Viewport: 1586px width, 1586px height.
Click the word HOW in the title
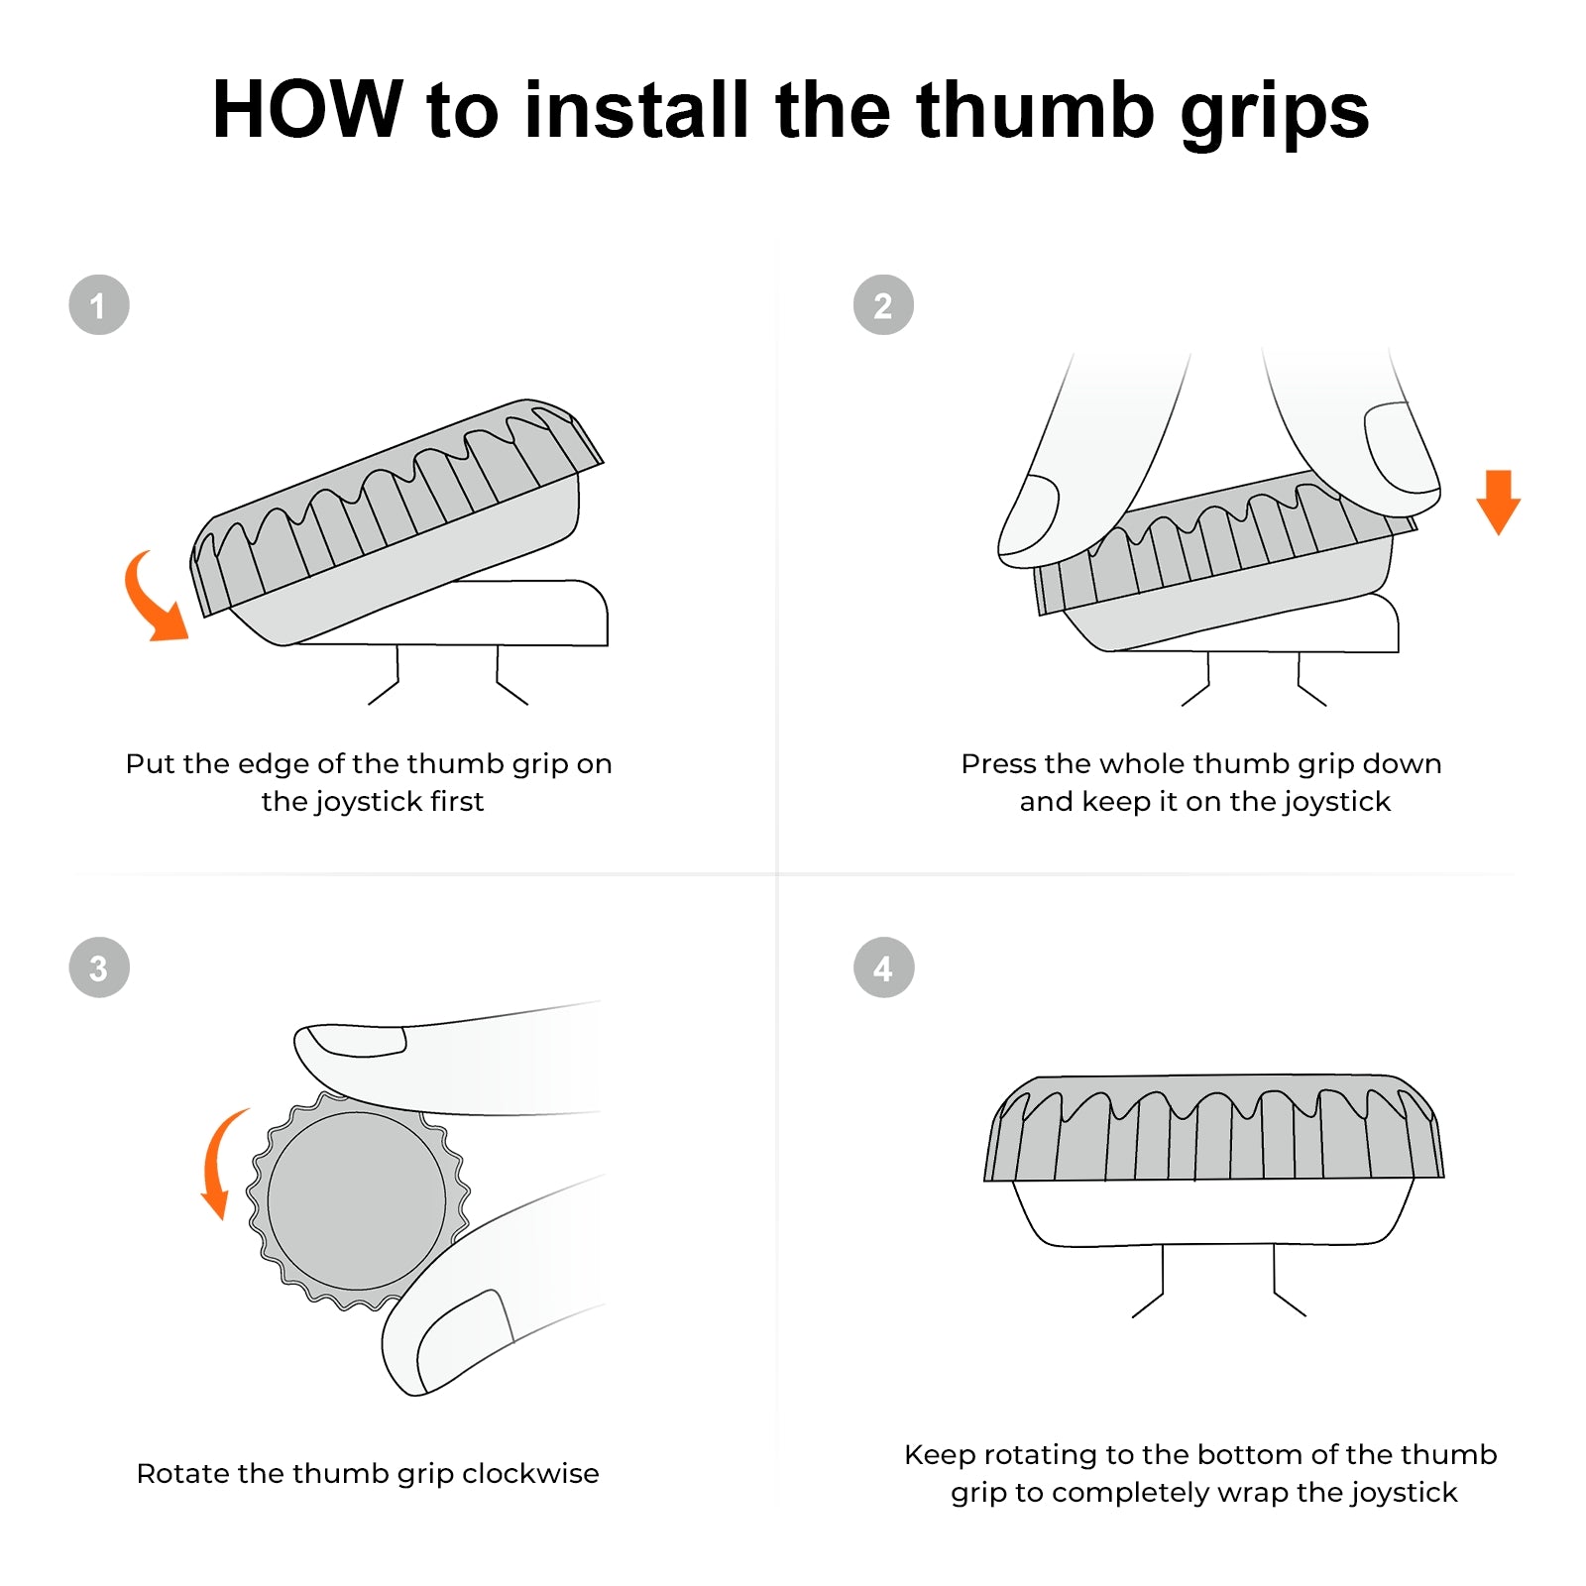pos(306,109)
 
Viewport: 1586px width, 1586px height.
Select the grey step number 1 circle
pos(99,305)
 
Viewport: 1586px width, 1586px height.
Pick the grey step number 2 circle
pos(883,305)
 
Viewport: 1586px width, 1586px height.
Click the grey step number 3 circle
pos(99,967)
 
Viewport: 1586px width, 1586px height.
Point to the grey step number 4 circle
pos(883,967)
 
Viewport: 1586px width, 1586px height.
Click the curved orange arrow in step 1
pos(153,601)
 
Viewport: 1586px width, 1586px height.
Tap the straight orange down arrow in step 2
pos(1498,502)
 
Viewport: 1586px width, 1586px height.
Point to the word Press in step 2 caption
pos(998,764)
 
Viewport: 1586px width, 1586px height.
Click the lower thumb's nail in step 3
pos(466,1338)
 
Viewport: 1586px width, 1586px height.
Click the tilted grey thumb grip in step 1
pos(396,506)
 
